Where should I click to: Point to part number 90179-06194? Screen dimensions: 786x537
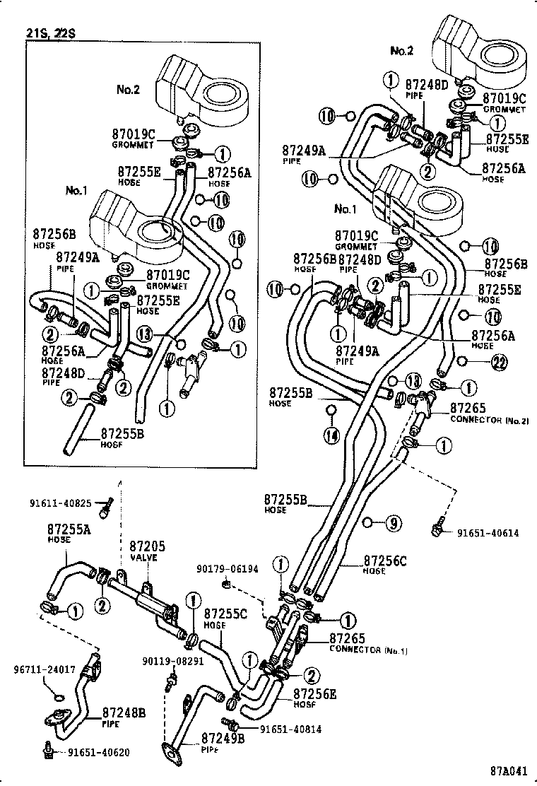click(x=229, y=568)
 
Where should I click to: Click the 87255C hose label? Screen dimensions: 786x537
click(x=225, y=620)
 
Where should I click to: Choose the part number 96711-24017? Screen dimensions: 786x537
click(x=45, y=669)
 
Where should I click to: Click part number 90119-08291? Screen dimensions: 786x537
click(x=172, y=662)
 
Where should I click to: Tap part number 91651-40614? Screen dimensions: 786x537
click(x=487, y=533)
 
